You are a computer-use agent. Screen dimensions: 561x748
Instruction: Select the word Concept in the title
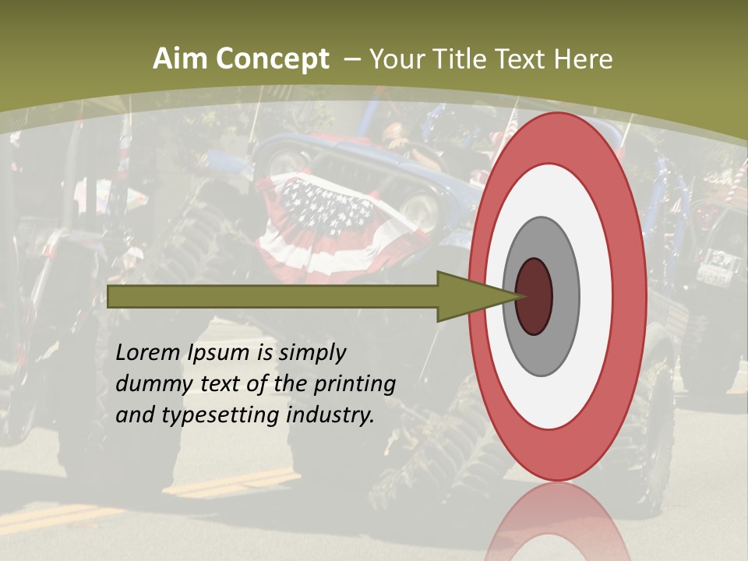(272, 59)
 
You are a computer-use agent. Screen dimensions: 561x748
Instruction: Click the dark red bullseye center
(534, 296)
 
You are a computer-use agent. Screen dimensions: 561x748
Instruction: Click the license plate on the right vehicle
(714, 274)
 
